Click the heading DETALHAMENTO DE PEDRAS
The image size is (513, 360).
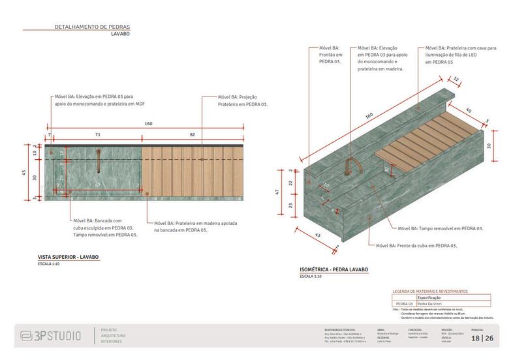93,27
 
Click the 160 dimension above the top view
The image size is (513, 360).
148,124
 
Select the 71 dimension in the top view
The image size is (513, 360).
97,134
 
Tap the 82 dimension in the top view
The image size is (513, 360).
192,134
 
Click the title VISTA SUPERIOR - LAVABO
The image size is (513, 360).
69,258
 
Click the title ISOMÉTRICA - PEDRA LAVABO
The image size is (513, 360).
334,269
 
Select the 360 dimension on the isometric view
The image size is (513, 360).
369,116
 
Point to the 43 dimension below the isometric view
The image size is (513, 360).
318,235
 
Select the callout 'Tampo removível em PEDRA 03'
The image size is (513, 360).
443,229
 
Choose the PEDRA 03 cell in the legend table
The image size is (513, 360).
405,303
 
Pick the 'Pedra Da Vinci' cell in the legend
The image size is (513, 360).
431,303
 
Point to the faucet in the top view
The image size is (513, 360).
98,162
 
